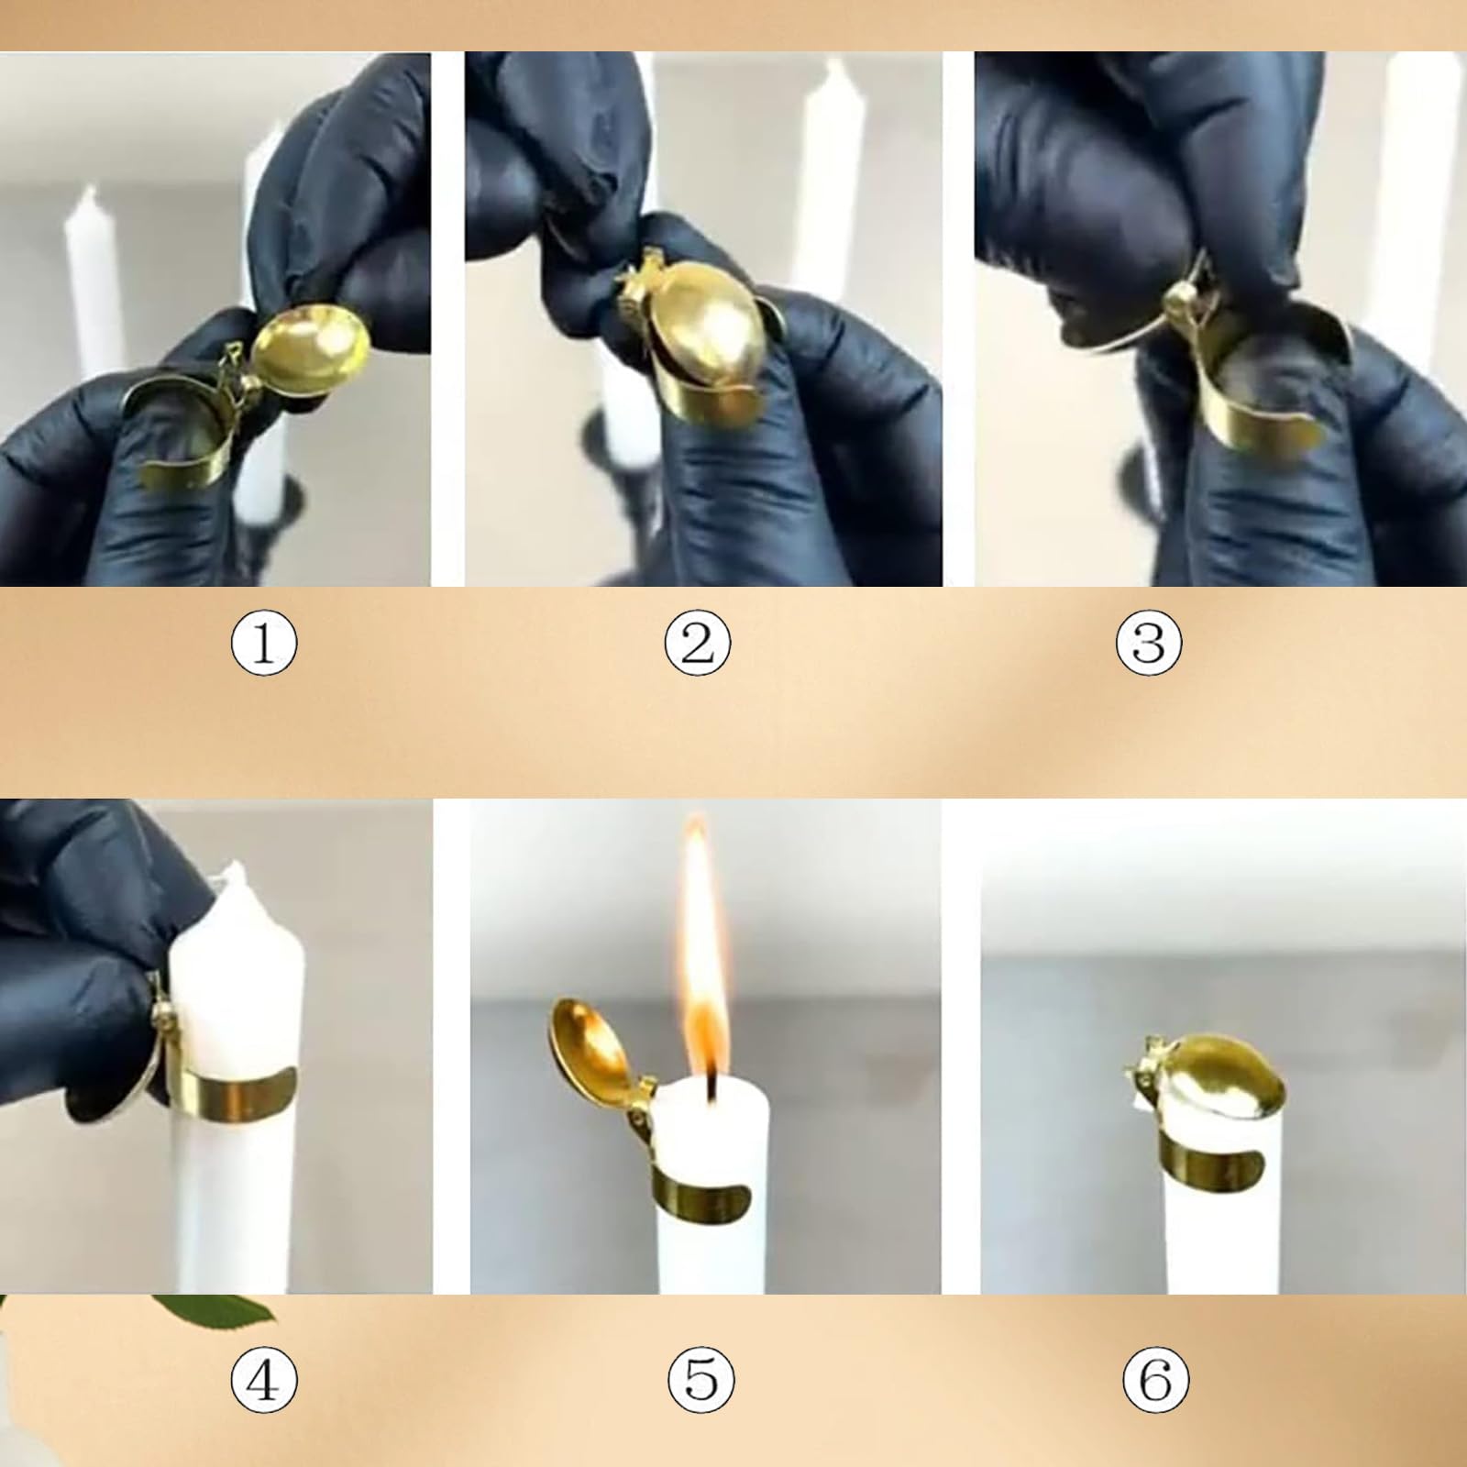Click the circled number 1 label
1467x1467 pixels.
(264, 643)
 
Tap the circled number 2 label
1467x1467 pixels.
(698, 643)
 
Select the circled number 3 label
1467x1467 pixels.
(1149, 643)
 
